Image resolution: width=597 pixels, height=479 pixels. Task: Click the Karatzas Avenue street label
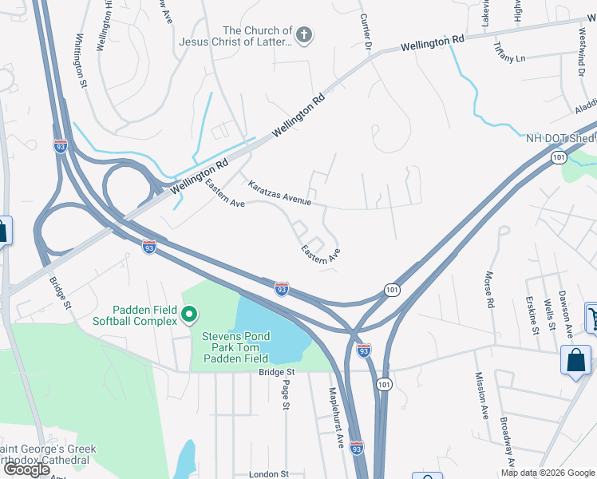(x=279, y=192)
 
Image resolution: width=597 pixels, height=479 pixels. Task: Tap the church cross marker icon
(x=303, y=35)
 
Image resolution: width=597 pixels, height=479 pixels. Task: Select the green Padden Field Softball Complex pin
(x=189, y=316)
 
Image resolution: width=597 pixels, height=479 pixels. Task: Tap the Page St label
(x=285, y=394)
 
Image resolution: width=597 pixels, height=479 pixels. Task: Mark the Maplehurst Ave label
(x=336, y=418)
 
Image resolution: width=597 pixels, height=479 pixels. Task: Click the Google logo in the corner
(x=26, y=469)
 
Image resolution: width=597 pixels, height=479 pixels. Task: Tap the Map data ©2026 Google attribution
(x=548, y=473)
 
